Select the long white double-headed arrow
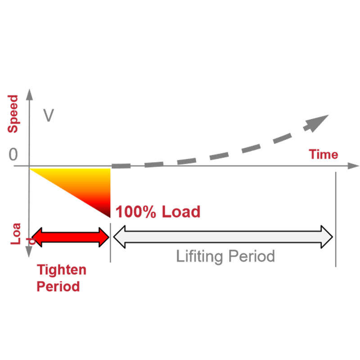tap(223, 237)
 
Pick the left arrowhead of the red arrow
tap(37, 237)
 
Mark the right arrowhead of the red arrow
tap(103, 237)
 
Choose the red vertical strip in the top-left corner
tap(17, 112)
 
